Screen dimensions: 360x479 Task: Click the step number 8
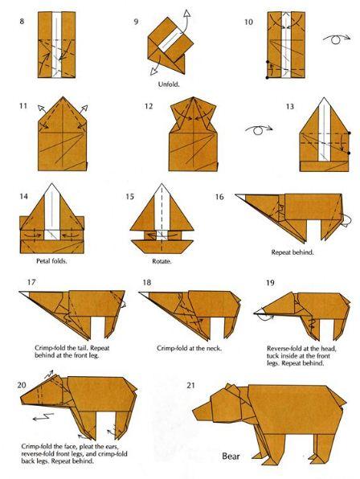[22, 22]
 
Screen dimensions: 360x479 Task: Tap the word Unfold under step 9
[169, 84]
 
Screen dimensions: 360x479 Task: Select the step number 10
[248, 22]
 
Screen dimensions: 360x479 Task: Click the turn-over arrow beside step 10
[337, 39]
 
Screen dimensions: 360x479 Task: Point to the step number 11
[23, 106]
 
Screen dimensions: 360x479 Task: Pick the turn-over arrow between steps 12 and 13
[259, 129]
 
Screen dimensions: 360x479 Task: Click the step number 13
[290, 107]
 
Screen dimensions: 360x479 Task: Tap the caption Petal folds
[51, 261]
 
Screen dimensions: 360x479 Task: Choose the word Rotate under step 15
[162, 261]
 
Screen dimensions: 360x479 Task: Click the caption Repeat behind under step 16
[292, 252]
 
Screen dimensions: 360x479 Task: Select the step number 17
[31, 282]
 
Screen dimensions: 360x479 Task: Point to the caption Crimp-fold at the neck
[190, 348]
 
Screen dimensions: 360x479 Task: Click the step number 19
[270, 283]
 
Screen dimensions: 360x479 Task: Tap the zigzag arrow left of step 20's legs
[43, 416]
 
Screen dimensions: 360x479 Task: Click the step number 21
[190, 386]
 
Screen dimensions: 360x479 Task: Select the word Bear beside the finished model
[231, 456]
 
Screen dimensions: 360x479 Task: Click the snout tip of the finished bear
[194, 412]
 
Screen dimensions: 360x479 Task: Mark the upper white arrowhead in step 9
[186, 14]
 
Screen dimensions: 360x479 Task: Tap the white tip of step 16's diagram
[240, 196]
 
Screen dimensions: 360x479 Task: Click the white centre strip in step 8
[57, 44]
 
